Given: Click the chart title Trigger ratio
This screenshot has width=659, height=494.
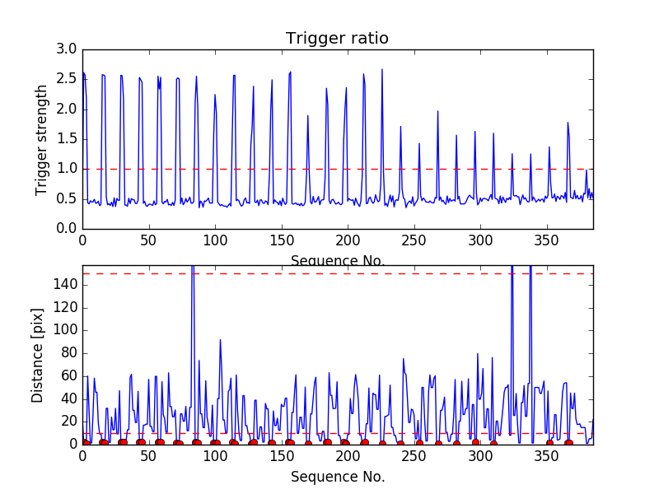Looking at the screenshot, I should (337, 39).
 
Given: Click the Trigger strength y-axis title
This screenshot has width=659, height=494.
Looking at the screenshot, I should (42, 139).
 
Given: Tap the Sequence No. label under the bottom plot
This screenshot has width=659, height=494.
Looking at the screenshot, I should (338, 477).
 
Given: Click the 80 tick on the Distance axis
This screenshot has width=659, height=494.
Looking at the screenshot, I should (68, 352).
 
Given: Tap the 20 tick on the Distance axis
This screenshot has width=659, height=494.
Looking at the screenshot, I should (68, 421).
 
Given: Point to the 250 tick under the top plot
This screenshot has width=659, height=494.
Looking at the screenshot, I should (414, 240).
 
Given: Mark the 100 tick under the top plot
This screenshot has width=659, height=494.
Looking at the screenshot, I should (215, 240).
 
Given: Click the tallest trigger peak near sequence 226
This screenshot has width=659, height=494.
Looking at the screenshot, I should (382, 69).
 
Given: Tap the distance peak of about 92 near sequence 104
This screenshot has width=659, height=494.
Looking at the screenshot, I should (220, 339).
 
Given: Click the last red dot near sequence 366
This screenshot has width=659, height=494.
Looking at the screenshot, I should (568, 443).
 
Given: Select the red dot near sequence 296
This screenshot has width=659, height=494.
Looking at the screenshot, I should (475, 443).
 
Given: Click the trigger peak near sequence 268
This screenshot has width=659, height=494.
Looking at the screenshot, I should (438, 111).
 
